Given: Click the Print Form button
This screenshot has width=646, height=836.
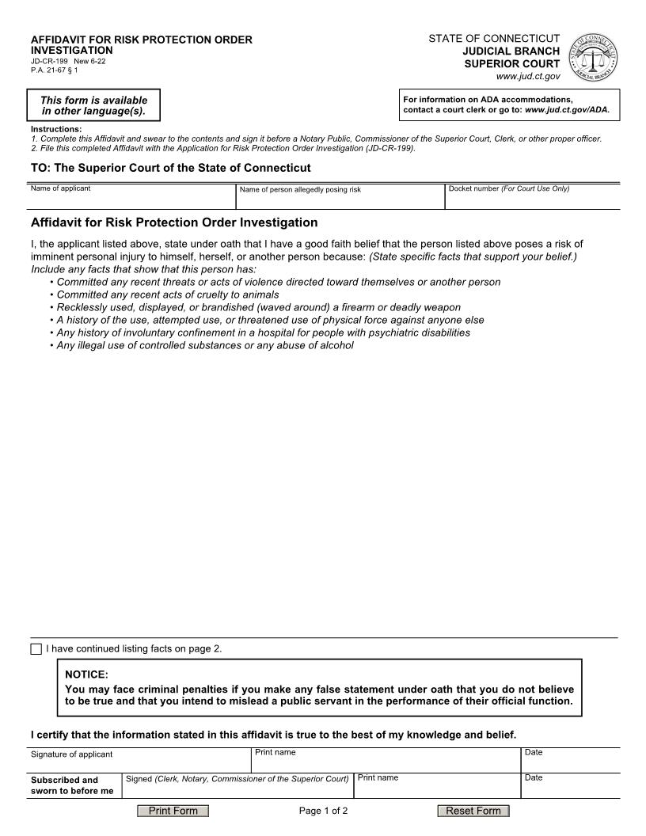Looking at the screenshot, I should (173, 811).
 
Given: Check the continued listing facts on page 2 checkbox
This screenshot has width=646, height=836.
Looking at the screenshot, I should (36, 649).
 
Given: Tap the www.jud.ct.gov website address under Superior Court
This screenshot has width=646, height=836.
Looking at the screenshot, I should (528, 76).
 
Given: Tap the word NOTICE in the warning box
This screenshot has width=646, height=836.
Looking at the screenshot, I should (86, 674).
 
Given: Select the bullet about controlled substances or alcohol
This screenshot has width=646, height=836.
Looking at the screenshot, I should (205, 345).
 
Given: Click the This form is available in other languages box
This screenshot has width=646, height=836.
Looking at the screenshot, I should (93, 105).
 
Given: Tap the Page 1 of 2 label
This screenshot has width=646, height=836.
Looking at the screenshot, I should (323, 811).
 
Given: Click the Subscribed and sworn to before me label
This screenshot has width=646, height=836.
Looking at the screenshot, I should (73, 785).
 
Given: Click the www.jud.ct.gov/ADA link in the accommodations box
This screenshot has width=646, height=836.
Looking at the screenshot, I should (567, 109).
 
